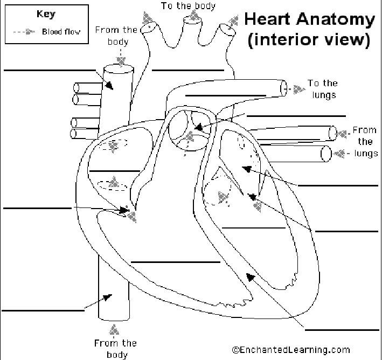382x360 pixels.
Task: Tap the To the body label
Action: [188, 6]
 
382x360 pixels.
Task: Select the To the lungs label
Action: [322, 89]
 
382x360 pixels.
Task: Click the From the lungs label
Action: [365, 142]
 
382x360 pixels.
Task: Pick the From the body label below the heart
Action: [115, 348]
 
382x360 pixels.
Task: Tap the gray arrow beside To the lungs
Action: [297, 89]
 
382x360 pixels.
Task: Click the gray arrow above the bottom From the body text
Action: [114, 329]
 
